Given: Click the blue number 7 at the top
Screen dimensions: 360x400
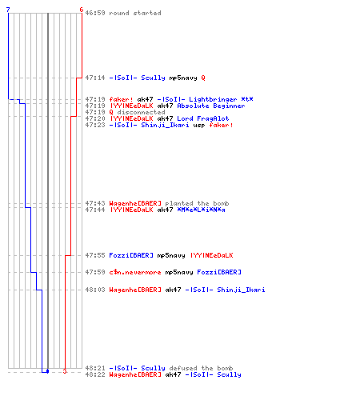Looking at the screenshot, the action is (8, 10).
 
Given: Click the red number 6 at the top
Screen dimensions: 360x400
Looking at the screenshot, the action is (82, 10).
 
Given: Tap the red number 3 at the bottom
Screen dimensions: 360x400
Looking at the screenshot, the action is (65, 371).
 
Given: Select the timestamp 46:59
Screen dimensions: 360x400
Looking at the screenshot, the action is (95, 13).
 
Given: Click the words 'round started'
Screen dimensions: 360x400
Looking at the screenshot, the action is (135, 13).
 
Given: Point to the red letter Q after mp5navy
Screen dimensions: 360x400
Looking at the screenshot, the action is (203, 78).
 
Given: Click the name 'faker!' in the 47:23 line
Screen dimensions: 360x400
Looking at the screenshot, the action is (221, 125).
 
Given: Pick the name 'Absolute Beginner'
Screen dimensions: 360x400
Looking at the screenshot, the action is (211, 106).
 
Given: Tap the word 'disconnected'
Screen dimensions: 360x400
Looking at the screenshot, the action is (141, 112).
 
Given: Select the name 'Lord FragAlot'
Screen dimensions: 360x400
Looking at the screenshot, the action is (203, 118).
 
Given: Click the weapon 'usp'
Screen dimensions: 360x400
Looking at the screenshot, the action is (199, 126).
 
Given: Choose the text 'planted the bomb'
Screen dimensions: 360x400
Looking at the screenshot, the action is (197, 203).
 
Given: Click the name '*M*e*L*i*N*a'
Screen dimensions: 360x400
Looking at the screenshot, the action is (201, 210).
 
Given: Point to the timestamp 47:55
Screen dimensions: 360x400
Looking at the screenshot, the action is (95, 255).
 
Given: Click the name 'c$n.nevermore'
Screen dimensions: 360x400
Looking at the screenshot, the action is (135, 272).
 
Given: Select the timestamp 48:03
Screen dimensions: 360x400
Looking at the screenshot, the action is (95, 290).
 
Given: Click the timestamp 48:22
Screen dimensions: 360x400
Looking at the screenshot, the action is (95, 374).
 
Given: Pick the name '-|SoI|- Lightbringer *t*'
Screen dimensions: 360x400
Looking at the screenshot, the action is (205, 99).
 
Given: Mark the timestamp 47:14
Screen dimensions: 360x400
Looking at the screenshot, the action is (95, 78).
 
